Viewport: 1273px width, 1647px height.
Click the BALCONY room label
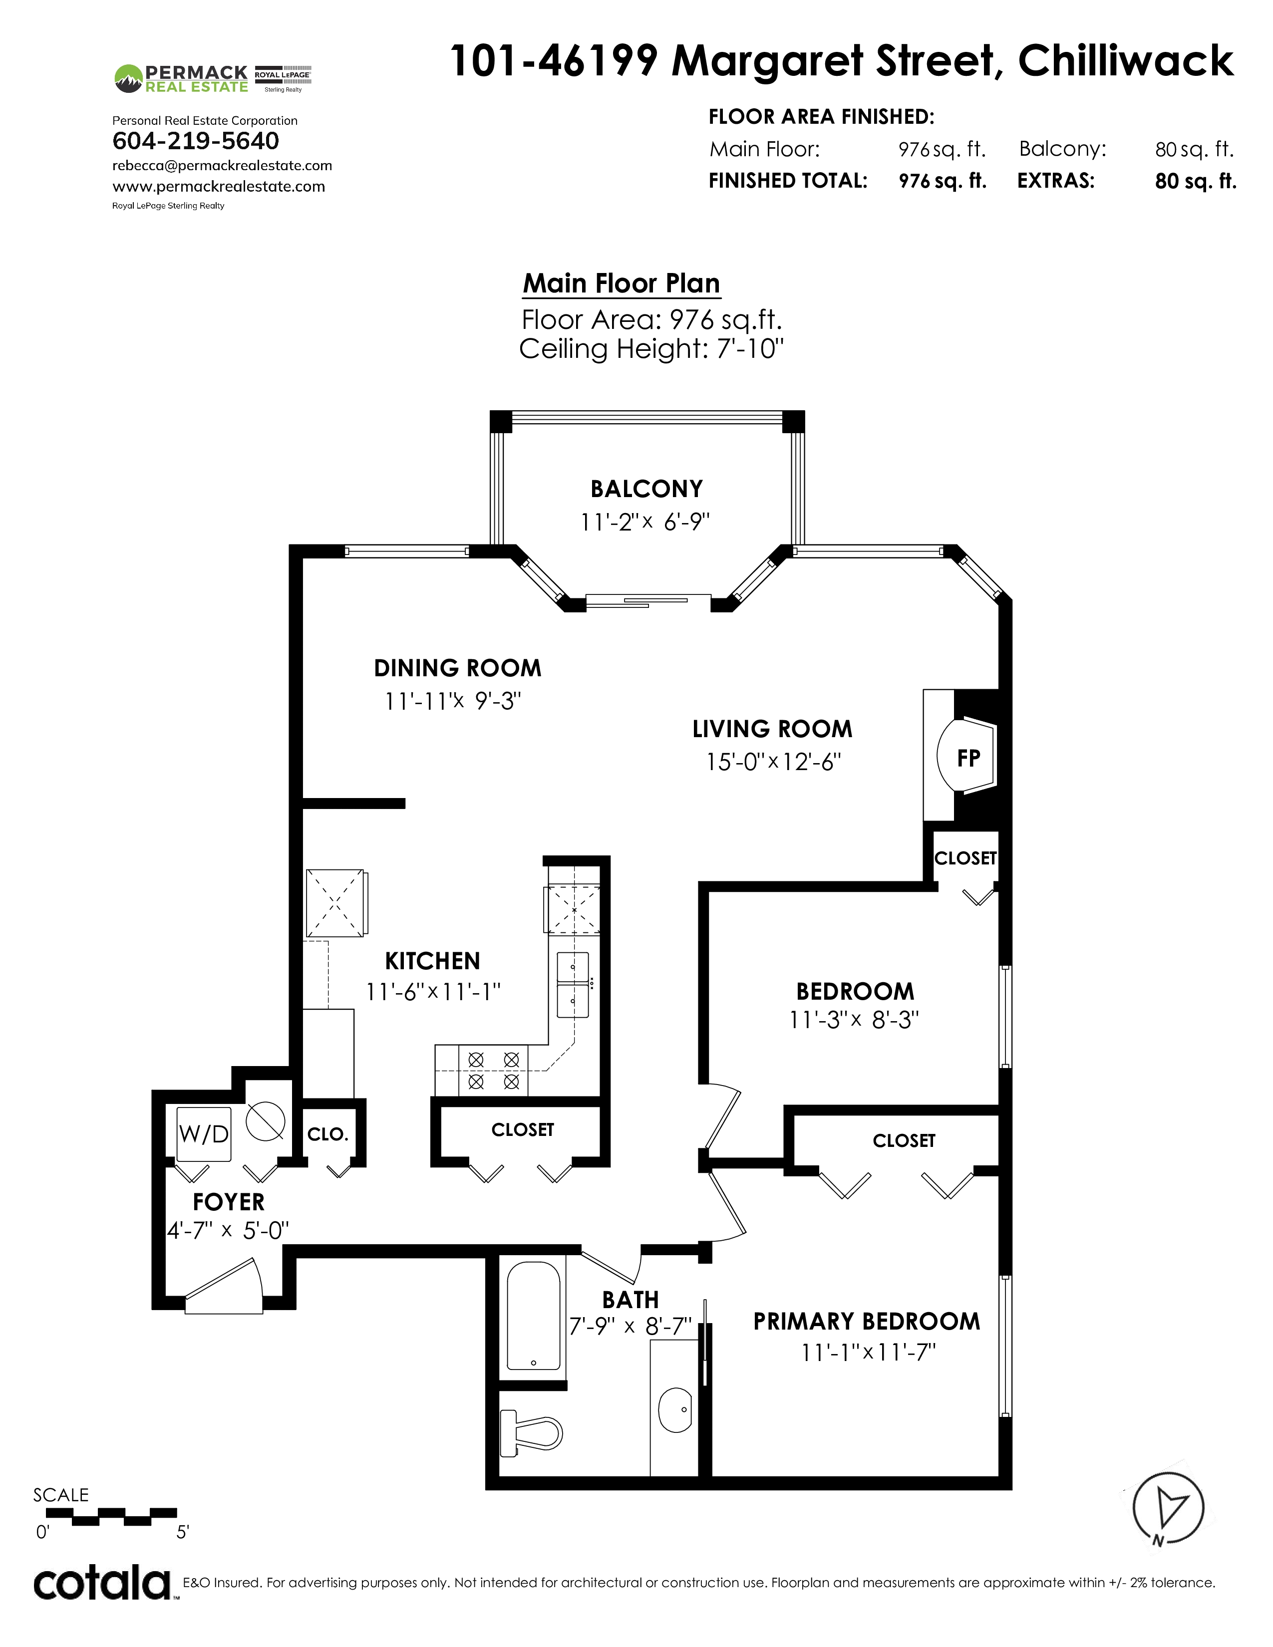click(x=646, y=490)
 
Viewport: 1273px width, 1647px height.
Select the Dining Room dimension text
click(x=452, y=701)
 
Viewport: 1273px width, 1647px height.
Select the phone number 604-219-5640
click(x=195, y=141)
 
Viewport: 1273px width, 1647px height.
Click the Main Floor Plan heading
click(x=622, y=283)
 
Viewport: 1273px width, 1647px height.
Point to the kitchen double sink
click(x=573, y=984)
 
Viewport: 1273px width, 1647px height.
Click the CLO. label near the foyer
click(x=327, y=1134)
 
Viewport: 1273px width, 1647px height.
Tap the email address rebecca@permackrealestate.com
click(x=223, y=165)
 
